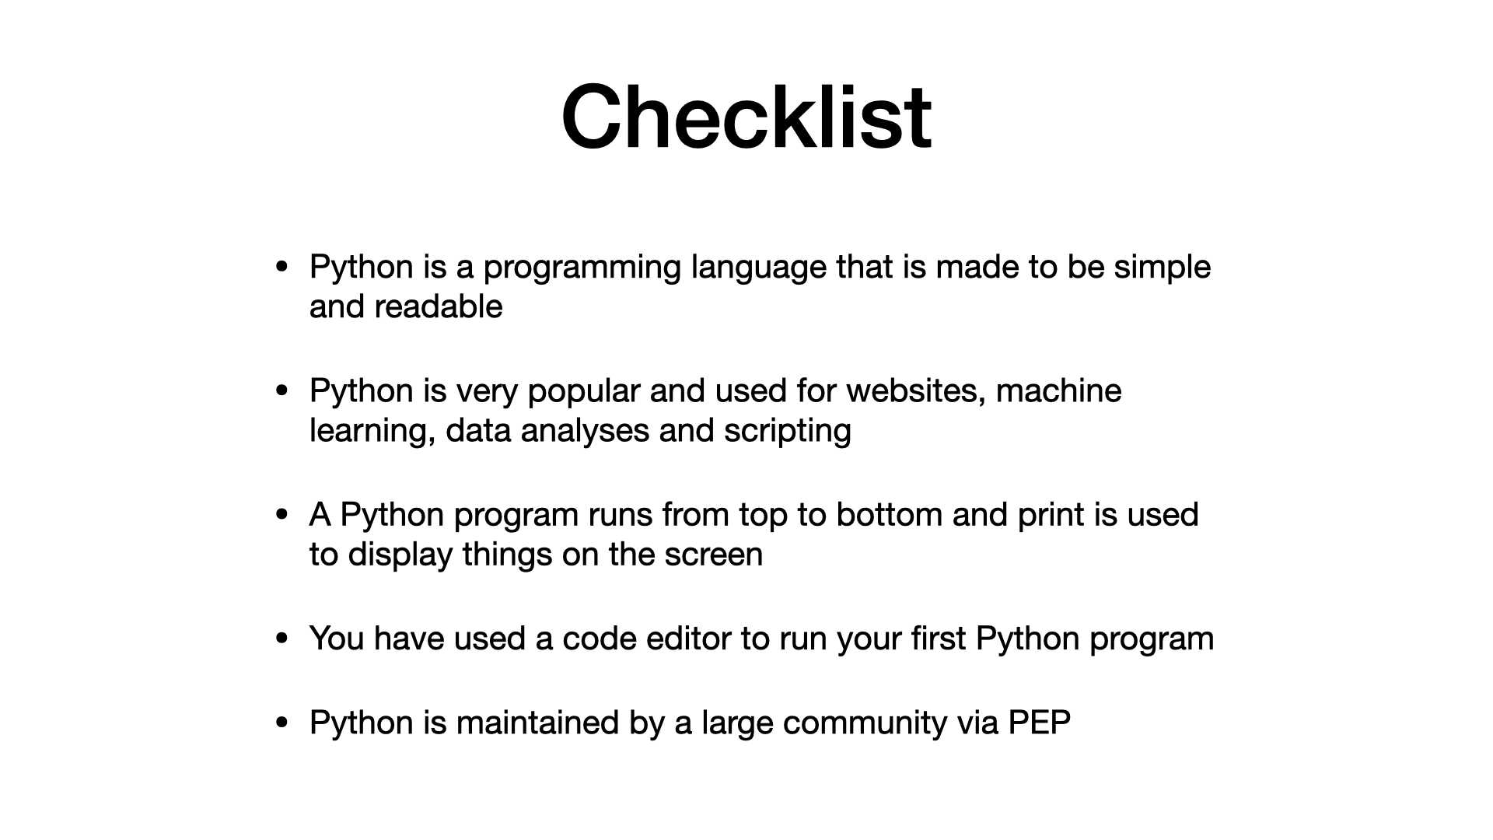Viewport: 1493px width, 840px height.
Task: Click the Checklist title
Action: coord(746,117)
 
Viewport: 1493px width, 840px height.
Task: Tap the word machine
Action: coord(1058,390)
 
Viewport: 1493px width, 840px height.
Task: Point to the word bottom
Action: coord(890,515)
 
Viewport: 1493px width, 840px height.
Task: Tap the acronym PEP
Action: coord(1040,723)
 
